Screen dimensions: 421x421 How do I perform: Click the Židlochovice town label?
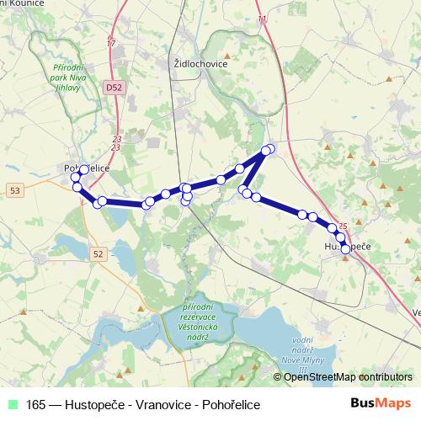click(200, 63)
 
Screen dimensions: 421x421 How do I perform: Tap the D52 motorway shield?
click(114, 86)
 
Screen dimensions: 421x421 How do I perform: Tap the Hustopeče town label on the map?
click(348, 245)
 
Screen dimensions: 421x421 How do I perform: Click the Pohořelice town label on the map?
click(88, 168)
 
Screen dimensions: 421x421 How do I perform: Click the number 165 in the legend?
click(36, 405)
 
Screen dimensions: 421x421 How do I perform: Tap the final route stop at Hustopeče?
click(345, 248)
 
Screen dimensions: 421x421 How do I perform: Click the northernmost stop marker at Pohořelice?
click(84, 169)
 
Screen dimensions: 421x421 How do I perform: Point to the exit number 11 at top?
click(261, 19)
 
